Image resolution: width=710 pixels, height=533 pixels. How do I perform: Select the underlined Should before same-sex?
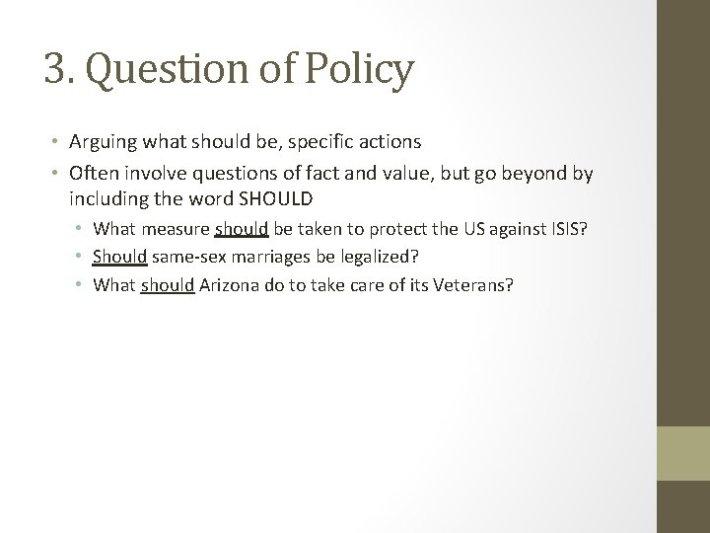120,257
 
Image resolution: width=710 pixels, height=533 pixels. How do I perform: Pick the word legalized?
379,257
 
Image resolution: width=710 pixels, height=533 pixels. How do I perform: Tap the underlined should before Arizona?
168,284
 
